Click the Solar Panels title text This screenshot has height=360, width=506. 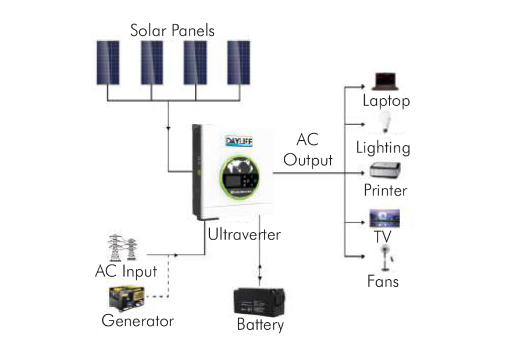point(172,30)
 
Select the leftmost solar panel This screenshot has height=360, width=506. point(108,63)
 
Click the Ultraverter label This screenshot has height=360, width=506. point(244,235)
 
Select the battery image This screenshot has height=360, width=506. point(258,302)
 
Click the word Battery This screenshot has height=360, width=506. point(260,325)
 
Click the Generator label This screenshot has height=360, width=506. point(137,320)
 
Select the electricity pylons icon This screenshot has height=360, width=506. point(123,248)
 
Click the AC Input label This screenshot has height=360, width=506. point(126,271)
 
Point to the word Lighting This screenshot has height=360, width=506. point(383,147)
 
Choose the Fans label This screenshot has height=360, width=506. point(383,282)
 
